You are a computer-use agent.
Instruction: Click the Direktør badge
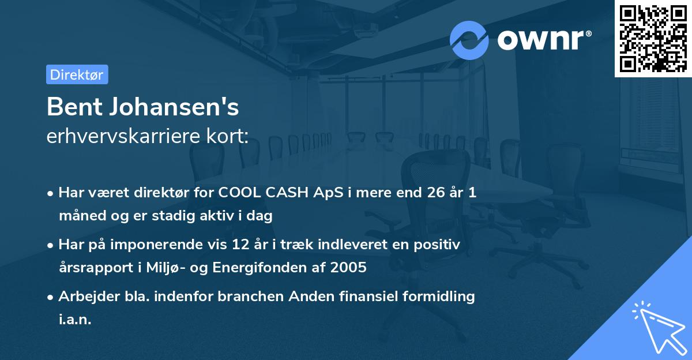(77, 74)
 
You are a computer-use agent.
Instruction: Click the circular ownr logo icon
(469, 40)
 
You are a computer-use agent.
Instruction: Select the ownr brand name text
(544, 40)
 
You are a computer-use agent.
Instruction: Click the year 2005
(349, 268)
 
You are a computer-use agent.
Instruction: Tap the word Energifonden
(288, 268)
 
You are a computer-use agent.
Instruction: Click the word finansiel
(372, 297)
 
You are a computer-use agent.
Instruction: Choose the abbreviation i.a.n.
(75, 320)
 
